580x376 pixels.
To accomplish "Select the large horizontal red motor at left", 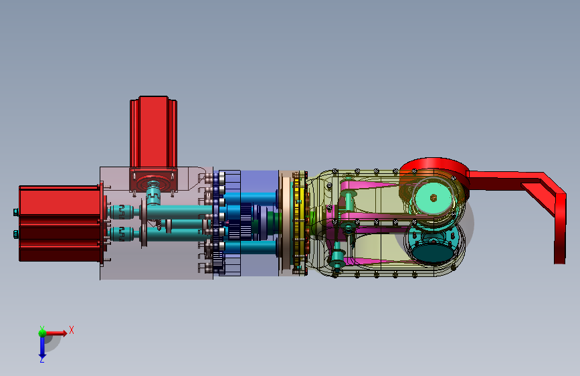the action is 59,223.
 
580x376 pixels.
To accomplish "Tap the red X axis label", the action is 72,330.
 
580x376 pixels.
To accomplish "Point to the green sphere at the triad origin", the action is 42,333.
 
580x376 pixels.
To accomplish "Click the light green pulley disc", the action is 433,198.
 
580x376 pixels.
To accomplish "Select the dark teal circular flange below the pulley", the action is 433,249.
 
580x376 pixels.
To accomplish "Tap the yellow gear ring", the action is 299,222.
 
